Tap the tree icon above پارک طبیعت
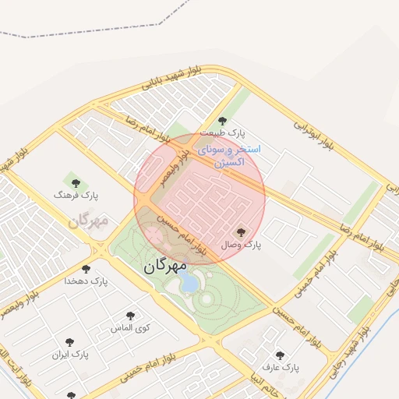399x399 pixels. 222,121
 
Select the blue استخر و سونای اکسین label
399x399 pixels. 228,156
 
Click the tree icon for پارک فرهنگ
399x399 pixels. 75,184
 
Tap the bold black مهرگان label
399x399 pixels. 165,265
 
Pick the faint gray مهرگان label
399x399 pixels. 87,221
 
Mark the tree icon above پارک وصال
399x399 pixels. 240,232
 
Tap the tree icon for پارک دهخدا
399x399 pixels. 97,267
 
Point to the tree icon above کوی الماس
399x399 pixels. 129,316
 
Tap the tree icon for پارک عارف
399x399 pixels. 281,355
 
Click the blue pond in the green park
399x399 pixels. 189,283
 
